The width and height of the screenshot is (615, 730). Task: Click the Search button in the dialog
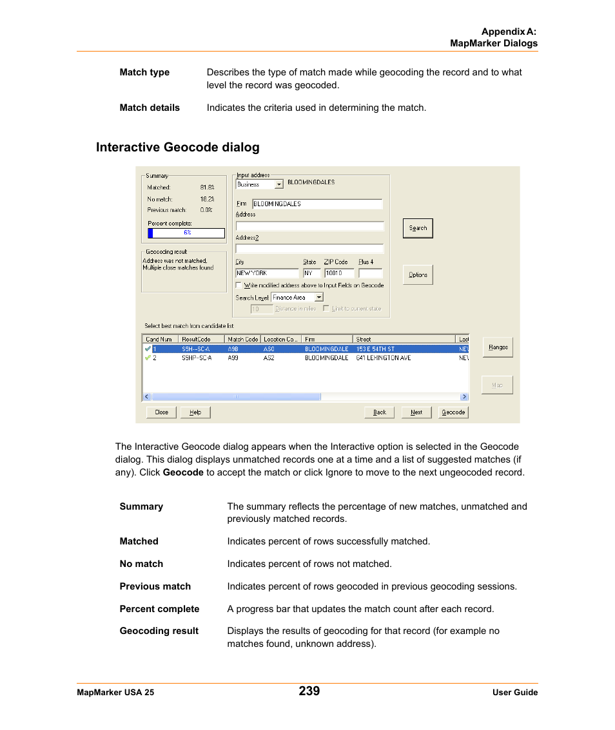tap(418, 228)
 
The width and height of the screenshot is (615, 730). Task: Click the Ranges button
tap(498, 347)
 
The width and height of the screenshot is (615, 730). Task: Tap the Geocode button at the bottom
tap(453, 412)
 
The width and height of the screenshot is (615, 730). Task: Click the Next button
tap(416, 412)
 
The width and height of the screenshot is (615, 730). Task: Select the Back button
tap(380, 412)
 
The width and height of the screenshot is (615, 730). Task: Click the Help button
tap(195, 412)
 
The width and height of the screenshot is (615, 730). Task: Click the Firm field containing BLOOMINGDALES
tap(317, 204)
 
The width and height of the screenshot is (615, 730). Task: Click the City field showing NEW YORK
tap(266, 273)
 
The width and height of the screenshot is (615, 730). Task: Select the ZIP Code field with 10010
tap(338, 273)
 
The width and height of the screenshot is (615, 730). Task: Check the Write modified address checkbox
tap(239, 285)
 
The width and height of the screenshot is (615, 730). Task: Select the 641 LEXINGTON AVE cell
tap(384, 358)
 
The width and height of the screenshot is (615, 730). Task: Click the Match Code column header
tap(242, 339)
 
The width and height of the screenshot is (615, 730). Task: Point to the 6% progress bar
tap(186, 233)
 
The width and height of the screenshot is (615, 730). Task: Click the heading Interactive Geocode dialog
tap(177, 148)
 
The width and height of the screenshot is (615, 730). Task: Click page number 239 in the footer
tap(309, 691)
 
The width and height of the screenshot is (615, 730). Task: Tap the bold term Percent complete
tap(159, 609)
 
